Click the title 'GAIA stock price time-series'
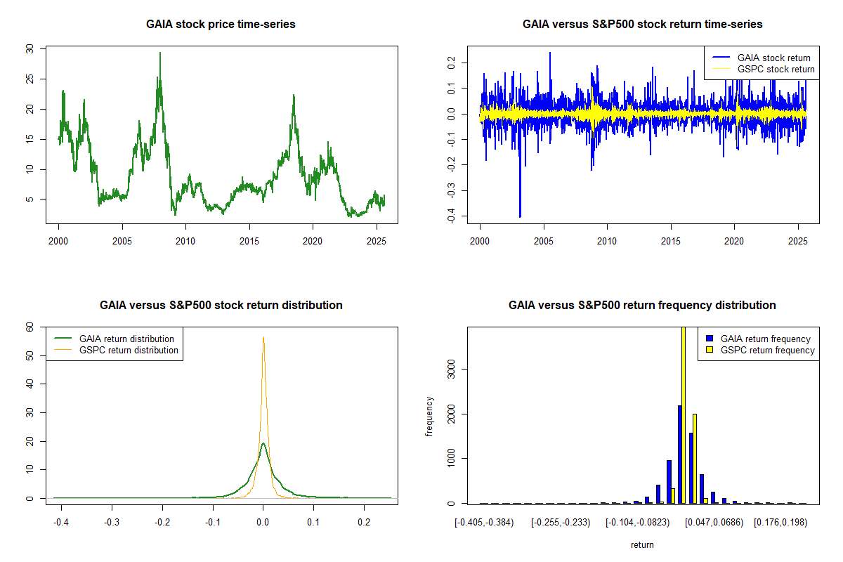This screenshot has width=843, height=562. [221, 25]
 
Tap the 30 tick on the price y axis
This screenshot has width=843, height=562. [29, 48]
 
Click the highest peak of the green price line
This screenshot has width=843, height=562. [160, 53]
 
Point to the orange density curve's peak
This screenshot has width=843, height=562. [263, 338]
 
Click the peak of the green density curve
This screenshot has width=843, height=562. [263, 443]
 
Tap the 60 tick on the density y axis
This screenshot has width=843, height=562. [29, 327]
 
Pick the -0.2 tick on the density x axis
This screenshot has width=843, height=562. [162, 523]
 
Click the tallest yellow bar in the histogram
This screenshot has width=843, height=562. [684, 414]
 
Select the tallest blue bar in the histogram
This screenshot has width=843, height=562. [679, 454]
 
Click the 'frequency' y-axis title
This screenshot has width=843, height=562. [429, 416]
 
